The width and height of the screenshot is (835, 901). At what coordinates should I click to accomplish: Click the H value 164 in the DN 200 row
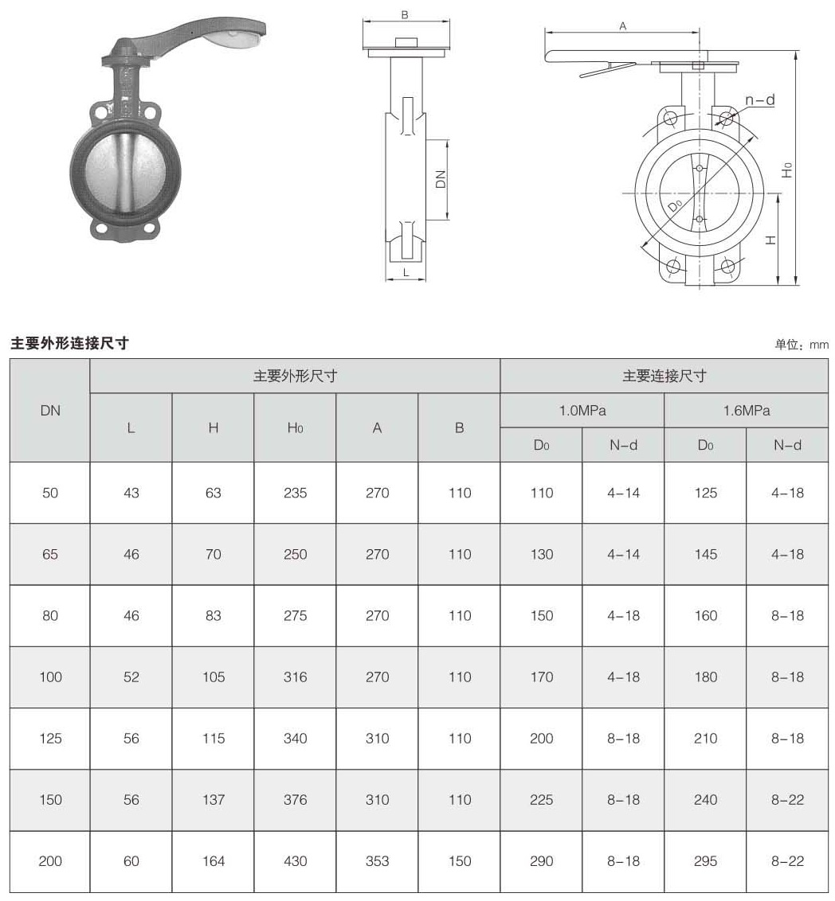[x=214, y=860]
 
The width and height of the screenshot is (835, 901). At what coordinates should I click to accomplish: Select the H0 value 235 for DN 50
[x=295, y=493]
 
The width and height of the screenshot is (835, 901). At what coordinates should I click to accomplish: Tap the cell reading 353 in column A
[x=377, y=860]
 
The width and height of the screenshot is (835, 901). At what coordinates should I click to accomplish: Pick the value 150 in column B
[x=460, y=860]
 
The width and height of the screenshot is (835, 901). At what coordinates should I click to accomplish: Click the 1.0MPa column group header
[x=582, y=411]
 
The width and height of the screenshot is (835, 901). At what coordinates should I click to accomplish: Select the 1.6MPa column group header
[x=746, y=411]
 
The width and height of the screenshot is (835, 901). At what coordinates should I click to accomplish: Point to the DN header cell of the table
[x=50, y=411]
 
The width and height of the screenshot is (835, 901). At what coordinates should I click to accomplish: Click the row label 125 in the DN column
[x=50, y=738]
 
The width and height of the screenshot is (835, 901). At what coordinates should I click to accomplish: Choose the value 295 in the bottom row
[x=705, y=860]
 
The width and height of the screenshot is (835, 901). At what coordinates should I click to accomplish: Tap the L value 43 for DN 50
[x=131, y=493]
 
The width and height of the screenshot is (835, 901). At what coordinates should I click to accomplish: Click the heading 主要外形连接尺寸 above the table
[x=69, y=343]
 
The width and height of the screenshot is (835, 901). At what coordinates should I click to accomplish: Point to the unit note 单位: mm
[x=802, y=345]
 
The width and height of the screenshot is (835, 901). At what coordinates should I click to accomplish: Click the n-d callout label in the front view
[x=759, y=99]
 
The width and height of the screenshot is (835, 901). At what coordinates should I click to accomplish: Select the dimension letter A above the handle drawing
[x=623, y=25]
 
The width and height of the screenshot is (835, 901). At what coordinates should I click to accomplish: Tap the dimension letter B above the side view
[x=405, y=14]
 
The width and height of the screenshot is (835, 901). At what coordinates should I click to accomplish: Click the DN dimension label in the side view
[x=441, y=180]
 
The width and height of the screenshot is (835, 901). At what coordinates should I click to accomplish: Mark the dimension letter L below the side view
[x=406, y=272]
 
